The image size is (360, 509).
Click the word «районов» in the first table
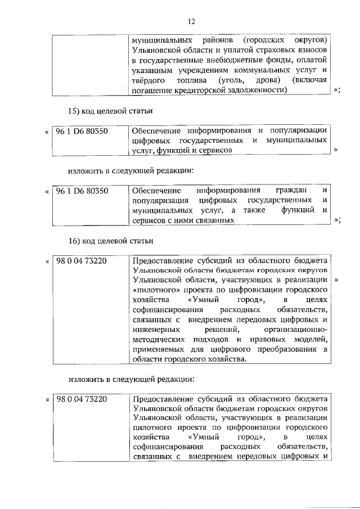tap(208, 41)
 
